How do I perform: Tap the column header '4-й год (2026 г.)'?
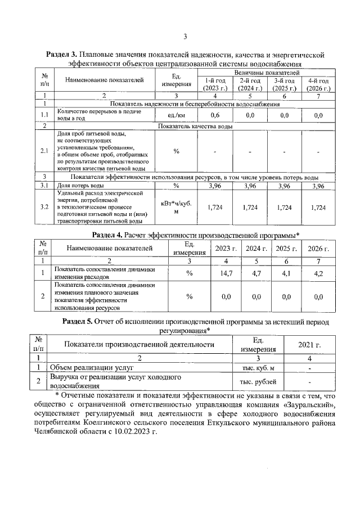click(318, 85)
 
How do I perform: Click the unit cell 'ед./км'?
click(175, 115)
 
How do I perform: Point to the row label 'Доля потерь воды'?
click(80, 185)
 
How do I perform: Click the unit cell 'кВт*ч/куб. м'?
click(175, 208)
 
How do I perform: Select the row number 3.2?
click(44, 208)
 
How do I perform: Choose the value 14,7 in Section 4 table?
click(226, 273)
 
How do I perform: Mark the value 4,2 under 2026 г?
click(318, 273)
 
